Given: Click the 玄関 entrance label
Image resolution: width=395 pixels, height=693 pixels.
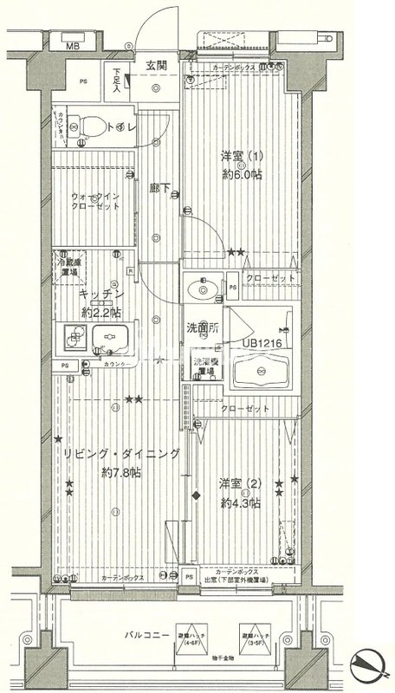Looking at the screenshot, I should [x=156, y=64].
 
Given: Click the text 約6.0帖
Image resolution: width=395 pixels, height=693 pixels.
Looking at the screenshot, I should [x=240, y=175].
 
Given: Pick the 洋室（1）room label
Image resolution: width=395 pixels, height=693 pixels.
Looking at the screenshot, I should [x=241, y=158].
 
